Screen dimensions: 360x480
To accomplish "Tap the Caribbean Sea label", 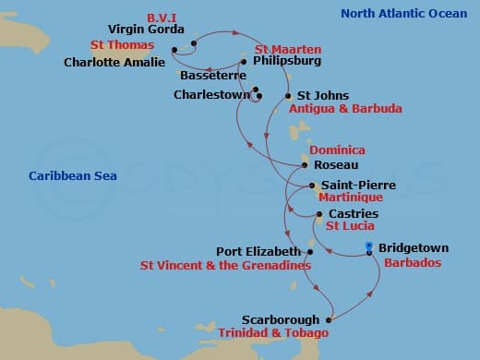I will click(66, 175).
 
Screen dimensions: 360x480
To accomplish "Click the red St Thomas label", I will click(121, 44).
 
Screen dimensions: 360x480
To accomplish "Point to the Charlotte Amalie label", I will click(114, 63).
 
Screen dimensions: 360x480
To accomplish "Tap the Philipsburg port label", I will click(286, 63).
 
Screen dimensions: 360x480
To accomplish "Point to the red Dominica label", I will click(337, 150).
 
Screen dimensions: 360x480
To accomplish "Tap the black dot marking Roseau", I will click(305, 166).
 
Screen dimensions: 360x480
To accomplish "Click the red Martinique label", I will click(350, 198).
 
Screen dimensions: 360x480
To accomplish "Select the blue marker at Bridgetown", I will click(369, 248).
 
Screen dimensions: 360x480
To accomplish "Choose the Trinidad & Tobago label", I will click(272, 332).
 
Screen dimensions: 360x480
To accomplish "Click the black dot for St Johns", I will click(287, 95).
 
